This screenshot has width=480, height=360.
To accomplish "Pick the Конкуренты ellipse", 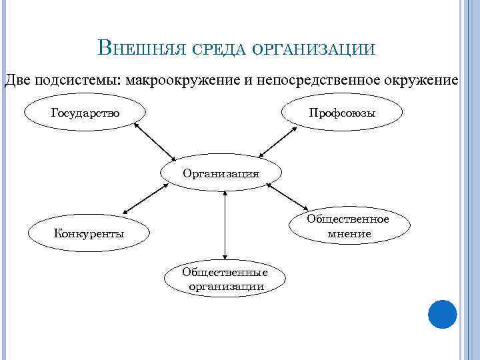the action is pos(89,233).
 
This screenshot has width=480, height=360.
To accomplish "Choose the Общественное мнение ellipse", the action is pos(349,226).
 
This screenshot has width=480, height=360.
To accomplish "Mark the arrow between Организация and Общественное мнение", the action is pos(287,197).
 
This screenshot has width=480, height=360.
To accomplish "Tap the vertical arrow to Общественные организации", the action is pos(226,225).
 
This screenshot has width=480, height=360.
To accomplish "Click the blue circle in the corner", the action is pos(442,313).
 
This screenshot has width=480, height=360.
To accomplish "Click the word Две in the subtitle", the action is pos(17,81).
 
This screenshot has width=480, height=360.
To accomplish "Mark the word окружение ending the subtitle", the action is pos(421,81).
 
